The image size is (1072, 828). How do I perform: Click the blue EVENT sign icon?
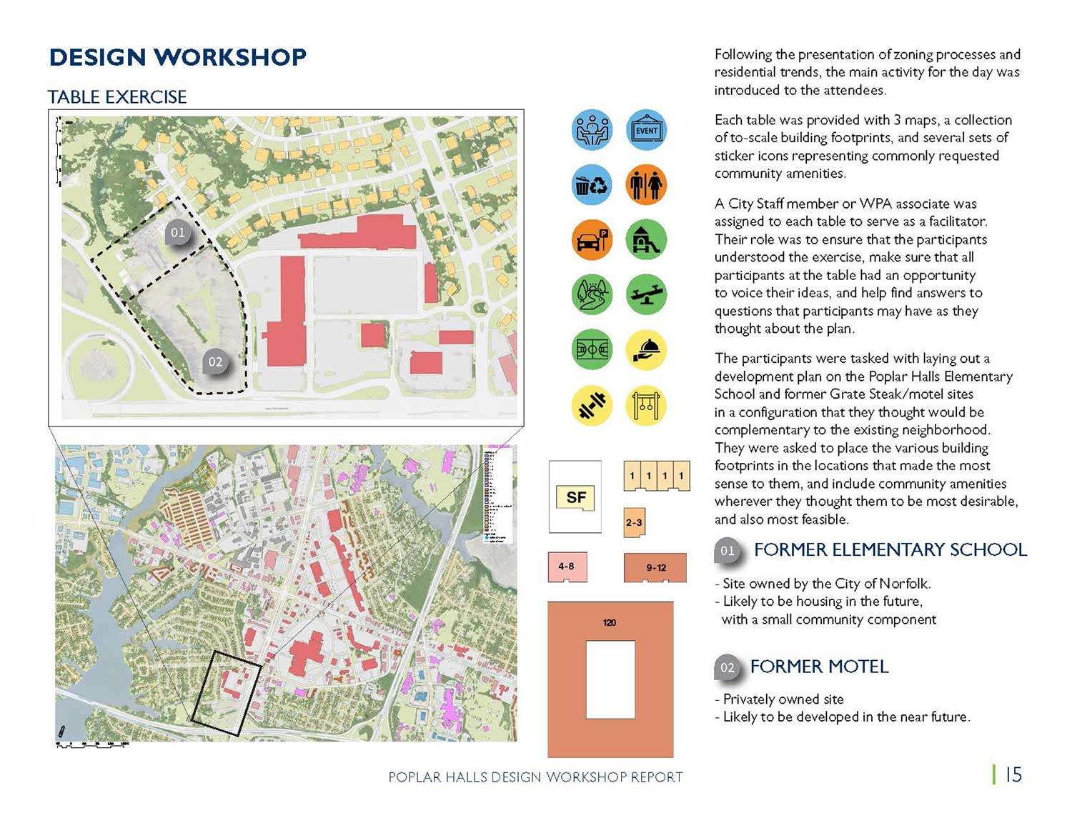point(646,130)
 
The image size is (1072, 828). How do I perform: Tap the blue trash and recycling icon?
point(592,185)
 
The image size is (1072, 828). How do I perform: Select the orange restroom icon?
point(646,185)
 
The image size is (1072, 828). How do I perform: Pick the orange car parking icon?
point(592,240)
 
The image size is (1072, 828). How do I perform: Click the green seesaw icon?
point(646,294)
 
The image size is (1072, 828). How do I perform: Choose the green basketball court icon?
point(592,350)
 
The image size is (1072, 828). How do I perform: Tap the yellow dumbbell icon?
point(592,405)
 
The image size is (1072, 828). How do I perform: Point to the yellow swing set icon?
point(646,405)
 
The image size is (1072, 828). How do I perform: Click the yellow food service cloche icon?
point(646,350)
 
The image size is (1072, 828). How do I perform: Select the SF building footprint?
point(575,497)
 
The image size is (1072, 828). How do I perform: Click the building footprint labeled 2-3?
point(634,522)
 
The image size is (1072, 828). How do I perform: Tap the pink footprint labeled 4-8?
point(567,567)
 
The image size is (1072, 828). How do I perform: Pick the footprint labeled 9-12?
point(655,567)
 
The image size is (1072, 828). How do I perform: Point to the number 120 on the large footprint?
point(610,622)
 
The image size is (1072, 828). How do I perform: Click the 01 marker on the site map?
point(178,232)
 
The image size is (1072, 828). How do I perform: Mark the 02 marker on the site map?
point(215,362)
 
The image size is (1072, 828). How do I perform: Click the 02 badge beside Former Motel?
point(727,668)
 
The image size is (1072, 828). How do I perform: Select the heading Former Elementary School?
point(890,549)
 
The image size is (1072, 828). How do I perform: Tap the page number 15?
point(1013,774)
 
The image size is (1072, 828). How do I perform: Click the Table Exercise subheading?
point(117,97)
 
